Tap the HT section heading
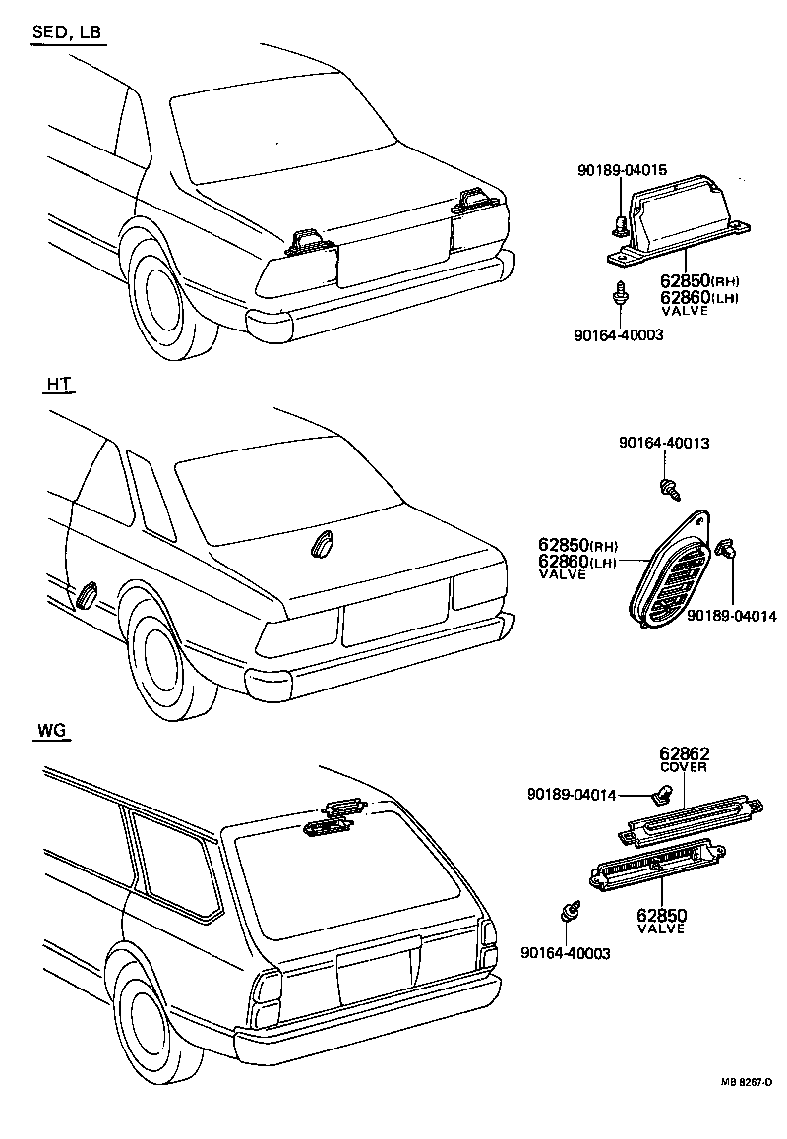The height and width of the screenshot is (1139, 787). coord(58,386)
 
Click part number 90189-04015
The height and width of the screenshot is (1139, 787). coord(622,170)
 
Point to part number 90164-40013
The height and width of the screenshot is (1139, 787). coord(664,444)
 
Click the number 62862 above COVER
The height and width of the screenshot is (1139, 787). coord(685,754)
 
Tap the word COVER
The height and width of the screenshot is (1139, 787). coord(685,768)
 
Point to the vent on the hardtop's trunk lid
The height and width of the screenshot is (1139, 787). coord(324,544)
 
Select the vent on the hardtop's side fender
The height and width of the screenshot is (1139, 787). coord(85,594)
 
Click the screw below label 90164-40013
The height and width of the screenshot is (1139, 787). coord(669,484)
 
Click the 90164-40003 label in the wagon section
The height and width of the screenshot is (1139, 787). coord(566,953)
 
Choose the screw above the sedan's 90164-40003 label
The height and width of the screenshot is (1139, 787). coord(619,294)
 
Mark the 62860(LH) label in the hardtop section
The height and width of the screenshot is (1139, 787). coord(576,562)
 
